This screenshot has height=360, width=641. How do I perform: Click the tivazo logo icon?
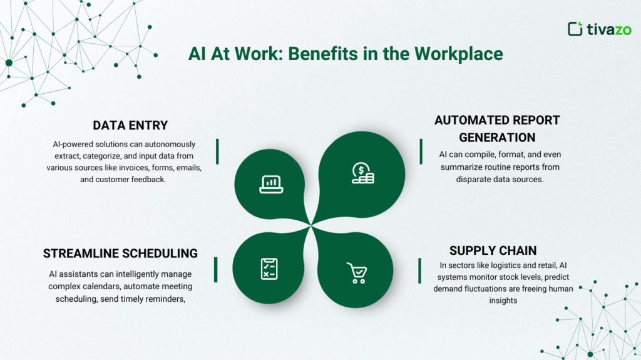tap(575, 29)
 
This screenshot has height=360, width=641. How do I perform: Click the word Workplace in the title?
tap(458, 54)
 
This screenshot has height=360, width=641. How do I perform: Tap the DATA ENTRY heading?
tap(130, 125)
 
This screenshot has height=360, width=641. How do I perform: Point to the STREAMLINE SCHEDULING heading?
tap(120, 254)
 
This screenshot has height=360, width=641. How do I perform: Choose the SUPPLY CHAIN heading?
tap(493, 250)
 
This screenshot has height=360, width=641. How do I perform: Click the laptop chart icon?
tap(271, 183)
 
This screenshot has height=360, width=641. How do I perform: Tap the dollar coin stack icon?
tap(362, 173)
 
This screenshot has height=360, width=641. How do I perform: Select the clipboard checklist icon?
tap(269, 269)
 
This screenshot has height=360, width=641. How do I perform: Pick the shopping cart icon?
tap(357, 273)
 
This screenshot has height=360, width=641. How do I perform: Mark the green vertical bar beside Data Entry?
tap(217, 151)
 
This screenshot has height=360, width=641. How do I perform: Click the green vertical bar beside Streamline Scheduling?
tap(216, 269)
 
